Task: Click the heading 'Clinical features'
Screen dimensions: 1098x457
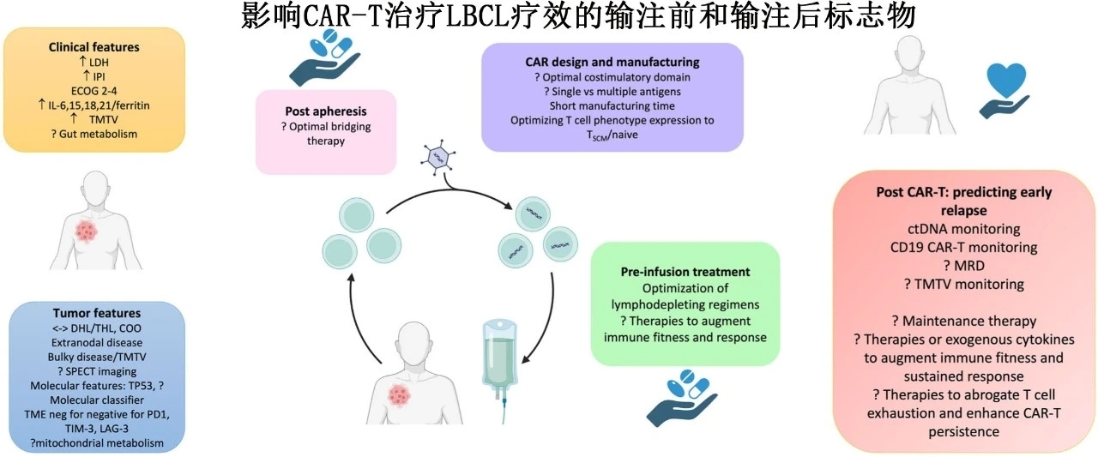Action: coord(94,47)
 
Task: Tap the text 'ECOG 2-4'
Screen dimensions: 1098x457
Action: coord(94,91)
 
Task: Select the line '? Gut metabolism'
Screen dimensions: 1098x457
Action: coord(94,134)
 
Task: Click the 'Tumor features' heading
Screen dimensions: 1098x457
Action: coord(97,313)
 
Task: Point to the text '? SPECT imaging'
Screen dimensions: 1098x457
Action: coord(97,371)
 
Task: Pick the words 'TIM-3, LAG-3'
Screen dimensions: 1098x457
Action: coord(97,429)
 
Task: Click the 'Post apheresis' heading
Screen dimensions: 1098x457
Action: coord(325,111)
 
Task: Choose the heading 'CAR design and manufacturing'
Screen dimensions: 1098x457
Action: coord(612,63)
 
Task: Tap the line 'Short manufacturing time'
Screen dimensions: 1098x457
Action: coord(612,105)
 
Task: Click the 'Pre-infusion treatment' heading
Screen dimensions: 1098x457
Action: coord(685,272)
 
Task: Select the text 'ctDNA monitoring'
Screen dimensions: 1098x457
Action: coord(963,229)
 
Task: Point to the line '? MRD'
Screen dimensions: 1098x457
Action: coord(963,266)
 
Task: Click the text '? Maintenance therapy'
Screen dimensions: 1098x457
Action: coord(963,321)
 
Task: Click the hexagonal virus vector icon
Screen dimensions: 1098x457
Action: coord(437,157)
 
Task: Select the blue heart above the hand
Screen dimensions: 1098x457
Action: coord(1005,80)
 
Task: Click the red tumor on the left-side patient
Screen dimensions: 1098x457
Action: coord(87,231)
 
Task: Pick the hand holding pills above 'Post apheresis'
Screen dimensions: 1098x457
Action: coord(324,57)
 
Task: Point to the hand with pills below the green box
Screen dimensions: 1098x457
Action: coord(682,398)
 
